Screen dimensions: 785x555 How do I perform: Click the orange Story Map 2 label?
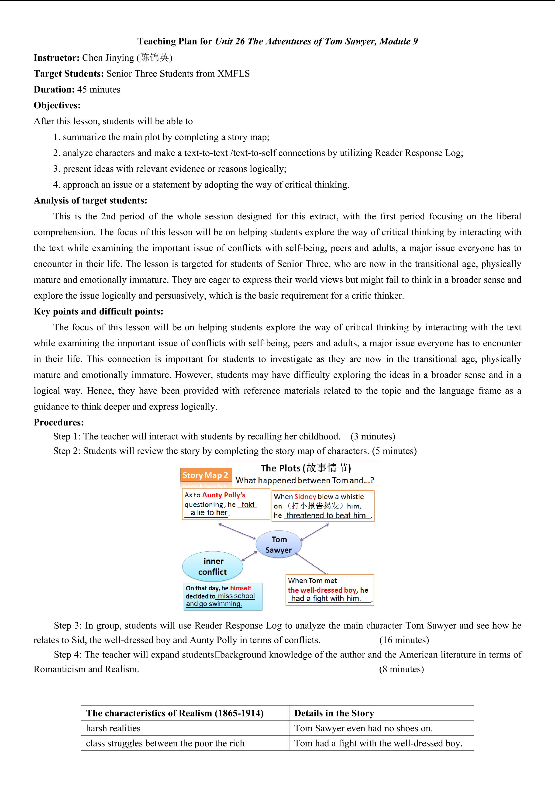point(205,475)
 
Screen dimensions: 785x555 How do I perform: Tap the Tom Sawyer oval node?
point(279,544)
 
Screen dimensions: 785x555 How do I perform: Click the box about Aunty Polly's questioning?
point(226,504)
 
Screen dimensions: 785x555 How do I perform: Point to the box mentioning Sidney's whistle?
point(323,506)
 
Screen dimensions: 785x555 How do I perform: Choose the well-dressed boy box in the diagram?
point(330,590)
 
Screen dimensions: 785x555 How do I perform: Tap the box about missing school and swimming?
point(223,596)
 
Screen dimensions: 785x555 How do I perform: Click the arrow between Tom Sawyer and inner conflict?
point(249,556)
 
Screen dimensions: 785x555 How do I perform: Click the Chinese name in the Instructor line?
point(155,58)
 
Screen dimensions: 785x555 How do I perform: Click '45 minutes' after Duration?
point(99,90)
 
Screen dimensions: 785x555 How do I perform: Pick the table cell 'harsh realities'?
point(113,728)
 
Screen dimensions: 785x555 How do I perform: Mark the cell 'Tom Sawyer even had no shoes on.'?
point(363,728)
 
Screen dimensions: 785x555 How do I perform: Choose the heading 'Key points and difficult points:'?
point(98,311)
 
